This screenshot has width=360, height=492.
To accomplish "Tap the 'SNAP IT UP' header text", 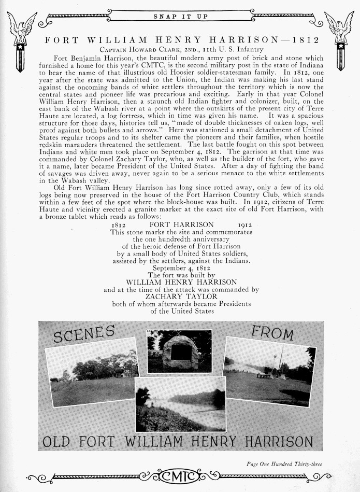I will tap(180, 17).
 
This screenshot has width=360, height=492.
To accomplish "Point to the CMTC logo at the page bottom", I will tap(180, 475).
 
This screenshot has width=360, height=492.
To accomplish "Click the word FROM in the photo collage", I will tap(272, 333).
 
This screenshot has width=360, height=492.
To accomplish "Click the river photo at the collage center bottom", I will tap(180, 404).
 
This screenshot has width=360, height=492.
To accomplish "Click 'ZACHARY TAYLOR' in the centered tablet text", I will tap(181, 297).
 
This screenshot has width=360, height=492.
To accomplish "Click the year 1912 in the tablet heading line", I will tap(246, 224).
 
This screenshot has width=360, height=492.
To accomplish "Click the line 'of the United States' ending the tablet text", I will tap(181, 311).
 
